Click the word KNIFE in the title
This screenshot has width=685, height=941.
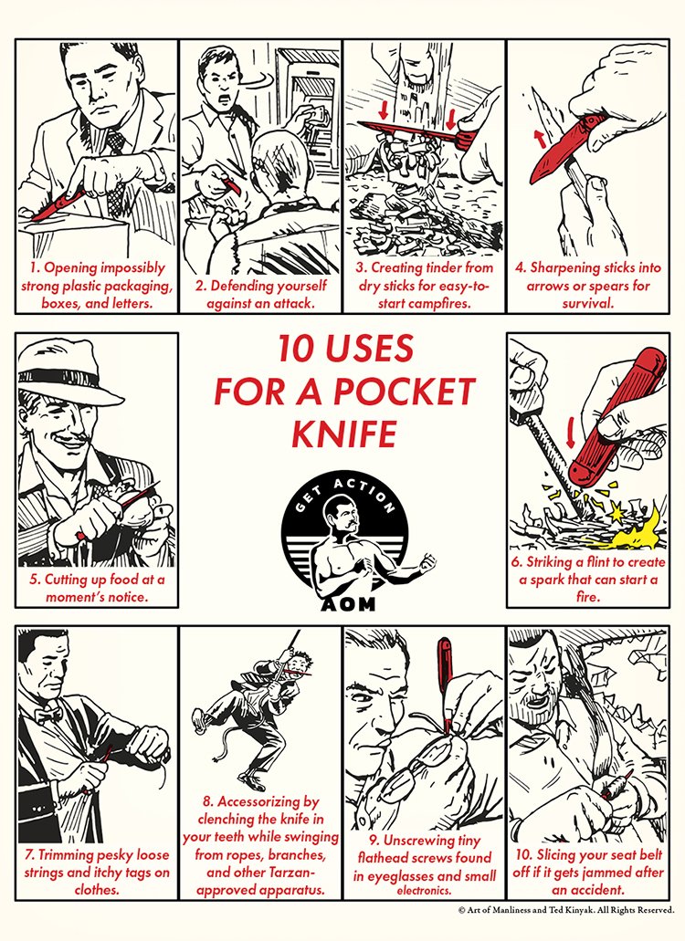[x=344, y=434]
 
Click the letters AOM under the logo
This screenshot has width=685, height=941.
[x=348, y=603]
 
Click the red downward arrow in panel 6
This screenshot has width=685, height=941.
[x=571, y=432]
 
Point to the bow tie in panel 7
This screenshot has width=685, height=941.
[x=48, y=715]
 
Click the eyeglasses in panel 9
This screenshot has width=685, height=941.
[x=416, y=768]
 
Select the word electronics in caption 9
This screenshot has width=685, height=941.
[x=424, y=891]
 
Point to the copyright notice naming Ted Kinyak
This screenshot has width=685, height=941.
[x=566, y=910]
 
